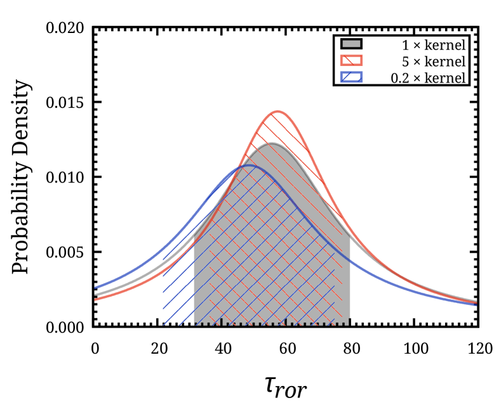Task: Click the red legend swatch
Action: coord(351,60)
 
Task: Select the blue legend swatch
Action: coord(351,77)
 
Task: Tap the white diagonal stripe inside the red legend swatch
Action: coord(349,60)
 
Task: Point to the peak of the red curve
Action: coord(277,112)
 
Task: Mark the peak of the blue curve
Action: coord(249,166)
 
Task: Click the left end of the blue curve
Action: coord(95,288)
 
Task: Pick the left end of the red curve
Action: coord(95,299)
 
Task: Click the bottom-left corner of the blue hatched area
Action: coord(163,325)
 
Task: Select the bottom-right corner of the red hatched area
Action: coord(342,325)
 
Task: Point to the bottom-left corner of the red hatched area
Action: coord(210,325)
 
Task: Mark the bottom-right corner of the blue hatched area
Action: coord(335,325)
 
